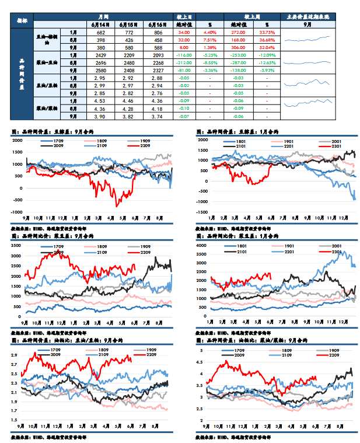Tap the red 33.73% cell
pyautogui.click(x=267, y=33)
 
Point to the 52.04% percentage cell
pyautogui.click(x=267, y=47)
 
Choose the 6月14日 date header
pyautogui.click(x=100, y=25)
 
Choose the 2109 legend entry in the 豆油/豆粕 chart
pyautogui.click(x=95, y=355)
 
